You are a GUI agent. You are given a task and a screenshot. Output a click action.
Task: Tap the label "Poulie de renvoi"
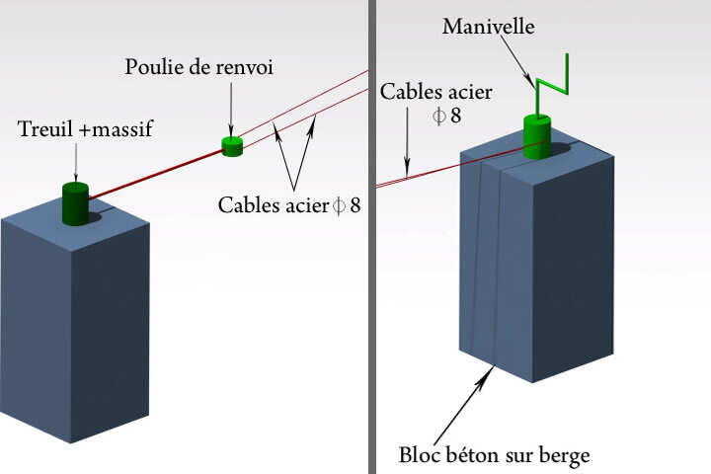click(x=198, y=67)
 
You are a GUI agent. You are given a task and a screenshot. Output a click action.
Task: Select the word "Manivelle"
click(x=489, y=27)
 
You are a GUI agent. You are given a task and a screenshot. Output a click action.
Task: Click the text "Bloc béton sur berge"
click(x=495, y=455)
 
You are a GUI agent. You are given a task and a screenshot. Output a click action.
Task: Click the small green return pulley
click(x=232, y=146)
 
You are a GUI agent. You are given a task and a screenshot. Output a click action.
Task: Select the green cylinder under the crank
click(x=537, y=135)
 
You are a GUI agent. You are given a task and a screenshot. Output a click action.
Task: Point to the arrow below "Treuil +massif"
click(x=76, y=162)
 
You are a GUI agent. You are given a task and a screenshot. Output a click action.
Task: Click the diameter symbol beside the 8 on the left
click(x=340, y=205)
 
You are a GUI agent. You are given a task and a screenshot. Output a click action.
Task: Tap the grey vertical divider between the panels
click(x=372, y=296)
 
